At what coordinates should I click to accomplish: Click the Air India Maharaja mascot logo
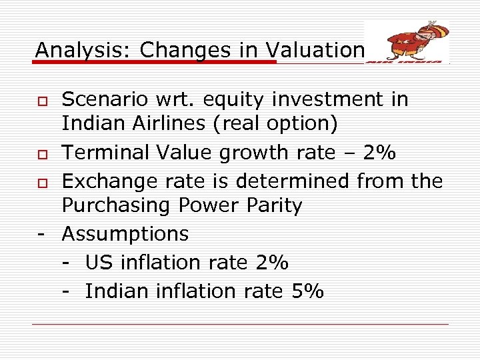click(407, 41)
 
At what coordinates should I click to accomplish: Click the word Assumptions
click(125, 234)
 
